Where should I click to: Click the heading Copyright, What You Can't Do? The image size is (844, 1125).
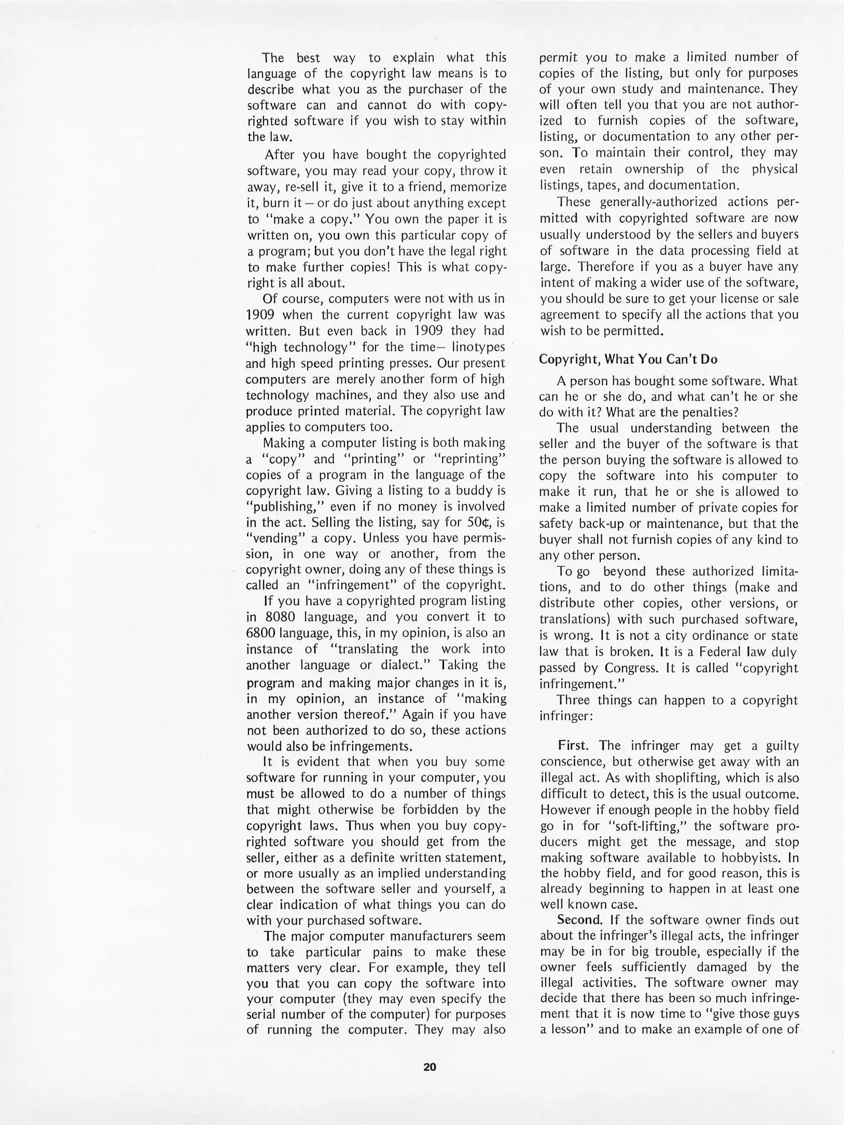(628, 359)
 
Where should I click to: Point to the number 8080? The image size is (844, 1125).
(281, 617)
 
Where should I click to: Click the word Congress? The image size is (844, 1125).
(634, 667)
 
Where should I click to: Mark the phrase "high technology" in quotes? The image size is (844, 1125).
(296, 347)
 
